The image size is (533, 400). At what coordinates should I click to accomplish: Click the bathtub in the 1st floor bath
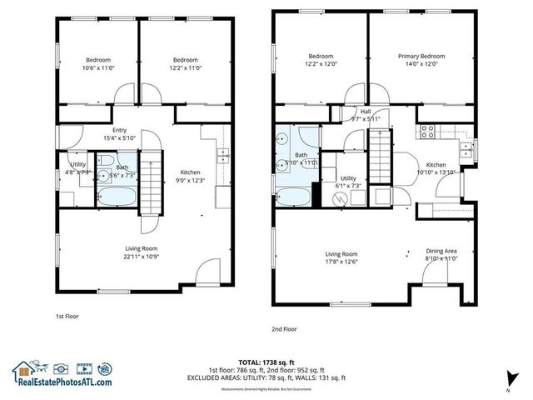click(x=111, y=197)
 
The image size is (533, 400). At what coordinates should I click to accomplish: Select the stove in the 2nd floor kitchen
click(x=427, y=131)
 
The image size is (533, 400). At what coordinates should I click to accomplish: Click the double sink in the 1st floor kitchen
click(x=222, y=155)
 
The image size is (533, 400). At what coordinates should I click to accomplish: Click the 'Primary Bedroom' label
click(x=421, y=57)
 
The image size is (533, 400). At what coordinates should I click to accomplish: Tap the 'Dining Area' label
click(x=441, y=252)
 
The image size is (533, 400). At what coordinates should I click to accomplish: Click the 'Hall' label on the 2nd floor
click(x=365, y=111)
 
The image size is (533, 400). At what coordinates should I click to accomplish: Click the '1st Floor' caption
click(x=67, y=317)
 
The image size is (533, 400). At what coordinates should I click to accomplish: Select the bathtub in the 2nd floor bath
click(x=293, y=197)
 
